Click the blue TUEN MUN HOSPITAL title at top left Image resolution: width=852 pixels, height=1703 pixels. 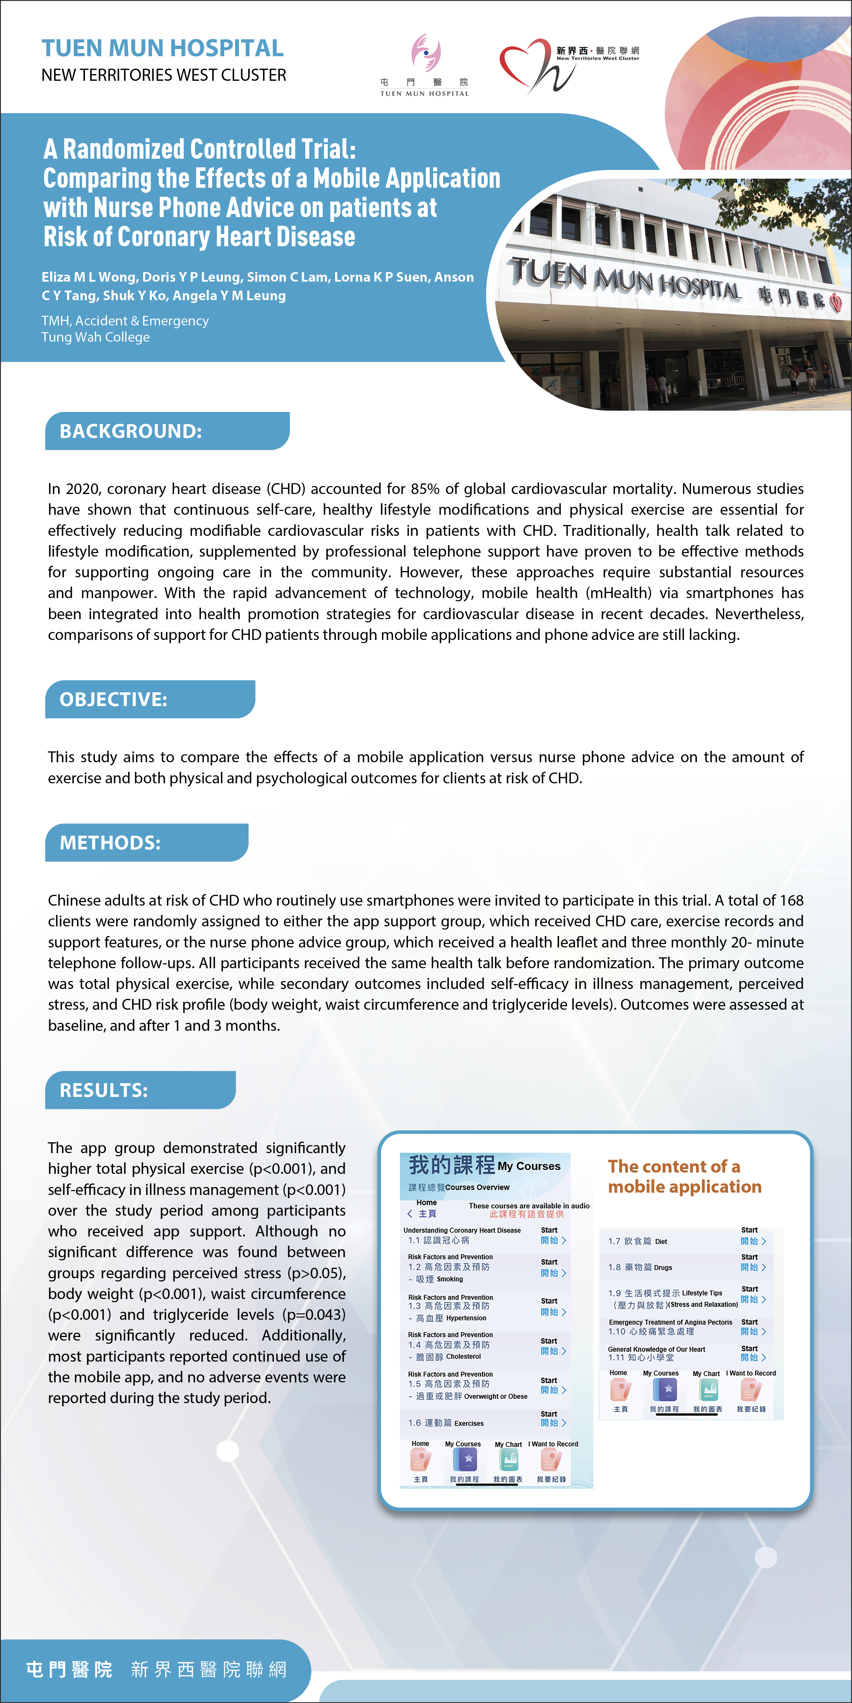click(x=163, y=48)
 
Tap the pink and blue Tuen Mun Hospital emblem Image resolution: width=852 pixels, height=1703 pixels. click(x=425, y=53)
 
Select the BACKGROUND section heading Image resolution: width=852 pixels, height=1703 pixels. click(x=131, y=431)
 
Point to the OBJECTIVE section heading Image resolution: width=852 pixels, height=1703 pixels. click(x=114, y=699)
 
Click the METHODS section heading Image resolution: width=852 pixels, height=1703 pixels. click(x=111, y=843)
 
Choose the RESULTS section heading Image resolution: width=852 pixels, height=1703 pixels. click(x=104, y=1090)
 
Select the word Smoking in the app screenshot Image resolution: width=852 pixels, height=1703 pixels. click(x=450, y=1279)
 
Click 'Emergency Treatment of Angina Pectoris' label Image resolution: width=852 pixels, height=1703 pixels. click(x=670, y=1322)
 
